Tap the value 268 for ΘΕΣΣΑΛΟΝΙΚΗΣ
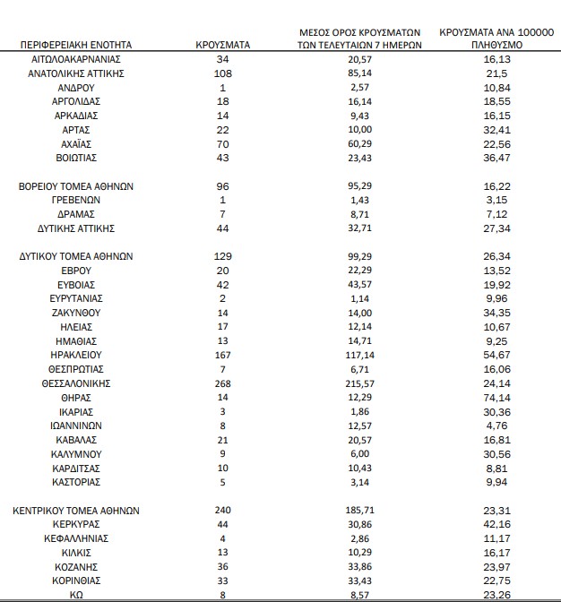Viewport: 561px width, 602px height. tap(223, 383)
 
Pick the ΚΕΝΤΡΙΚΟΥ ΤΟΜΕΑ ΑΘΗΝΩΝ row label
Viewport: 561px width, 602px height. tap(76, 511)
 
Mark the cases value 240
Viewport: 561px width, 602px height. tap(223, 511)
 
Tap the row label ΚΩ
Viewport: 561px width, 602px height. tap(76, 595)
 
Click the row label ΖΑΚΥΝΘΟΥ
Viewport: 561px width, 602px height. tap(76, 314)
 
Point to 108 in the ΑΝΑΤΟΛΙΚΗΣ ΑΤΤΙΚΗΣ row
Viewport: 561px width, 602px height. tap(223, 73)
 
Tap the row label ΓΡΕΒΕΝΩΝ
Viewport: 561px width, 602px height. tap(76, 201)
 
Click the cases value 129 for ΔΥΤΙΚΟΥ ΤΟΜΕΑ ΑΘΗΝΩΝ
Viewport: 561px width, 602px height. tap(223, 256)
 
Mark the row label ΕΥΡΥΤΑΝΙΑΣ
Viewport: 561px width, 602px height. tap(76, 299)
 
